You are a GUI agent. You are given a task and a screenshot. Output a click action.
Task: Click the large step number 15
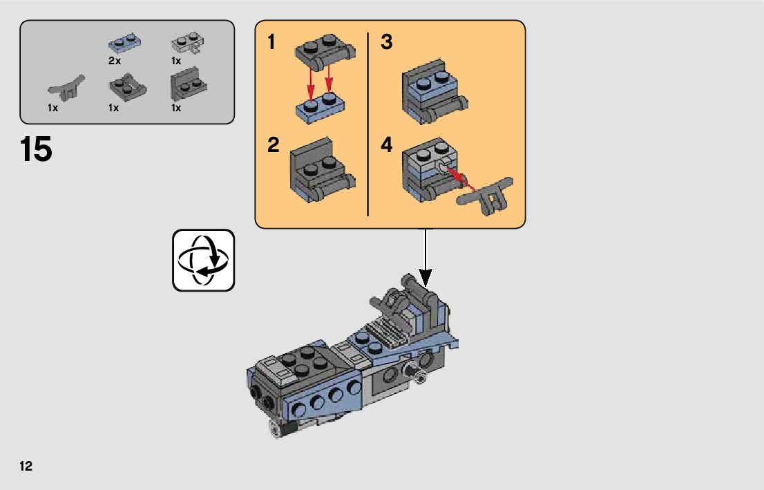(37, 149)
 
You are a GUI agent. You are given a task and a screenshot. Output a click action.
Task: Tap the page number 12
(26, 466)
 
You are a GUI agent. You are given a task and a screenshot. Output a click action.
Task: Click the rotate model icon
(203, 260)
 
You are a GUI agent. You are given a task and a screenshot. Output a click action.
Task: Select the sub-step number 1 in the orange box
(272, 43)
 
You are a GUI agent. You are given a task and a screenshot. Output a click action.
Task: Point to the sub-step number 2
(274, 146)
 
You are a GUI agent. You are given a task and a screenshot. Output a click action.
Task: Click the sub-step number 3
(387, 43)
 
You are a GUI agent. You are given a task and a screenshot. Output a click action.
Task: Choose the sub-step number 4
(387, 146)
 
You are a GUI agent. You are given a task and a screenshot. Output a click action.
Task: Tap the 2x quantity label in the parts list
(115, 61)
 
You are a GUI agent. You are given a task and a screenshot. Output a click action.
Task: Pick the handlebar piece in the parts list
(66, 86)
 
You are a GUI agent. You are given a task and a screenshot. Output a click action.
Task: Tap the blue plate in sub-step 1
(321, 108)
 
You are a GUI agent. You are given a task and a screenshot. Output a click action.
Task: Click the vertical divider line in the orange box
(367, 124)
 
